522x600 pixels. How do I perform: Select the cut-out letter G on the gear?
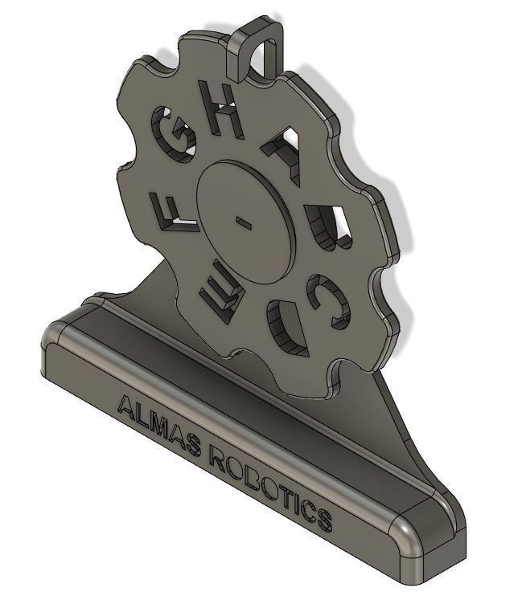point(175,144)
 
